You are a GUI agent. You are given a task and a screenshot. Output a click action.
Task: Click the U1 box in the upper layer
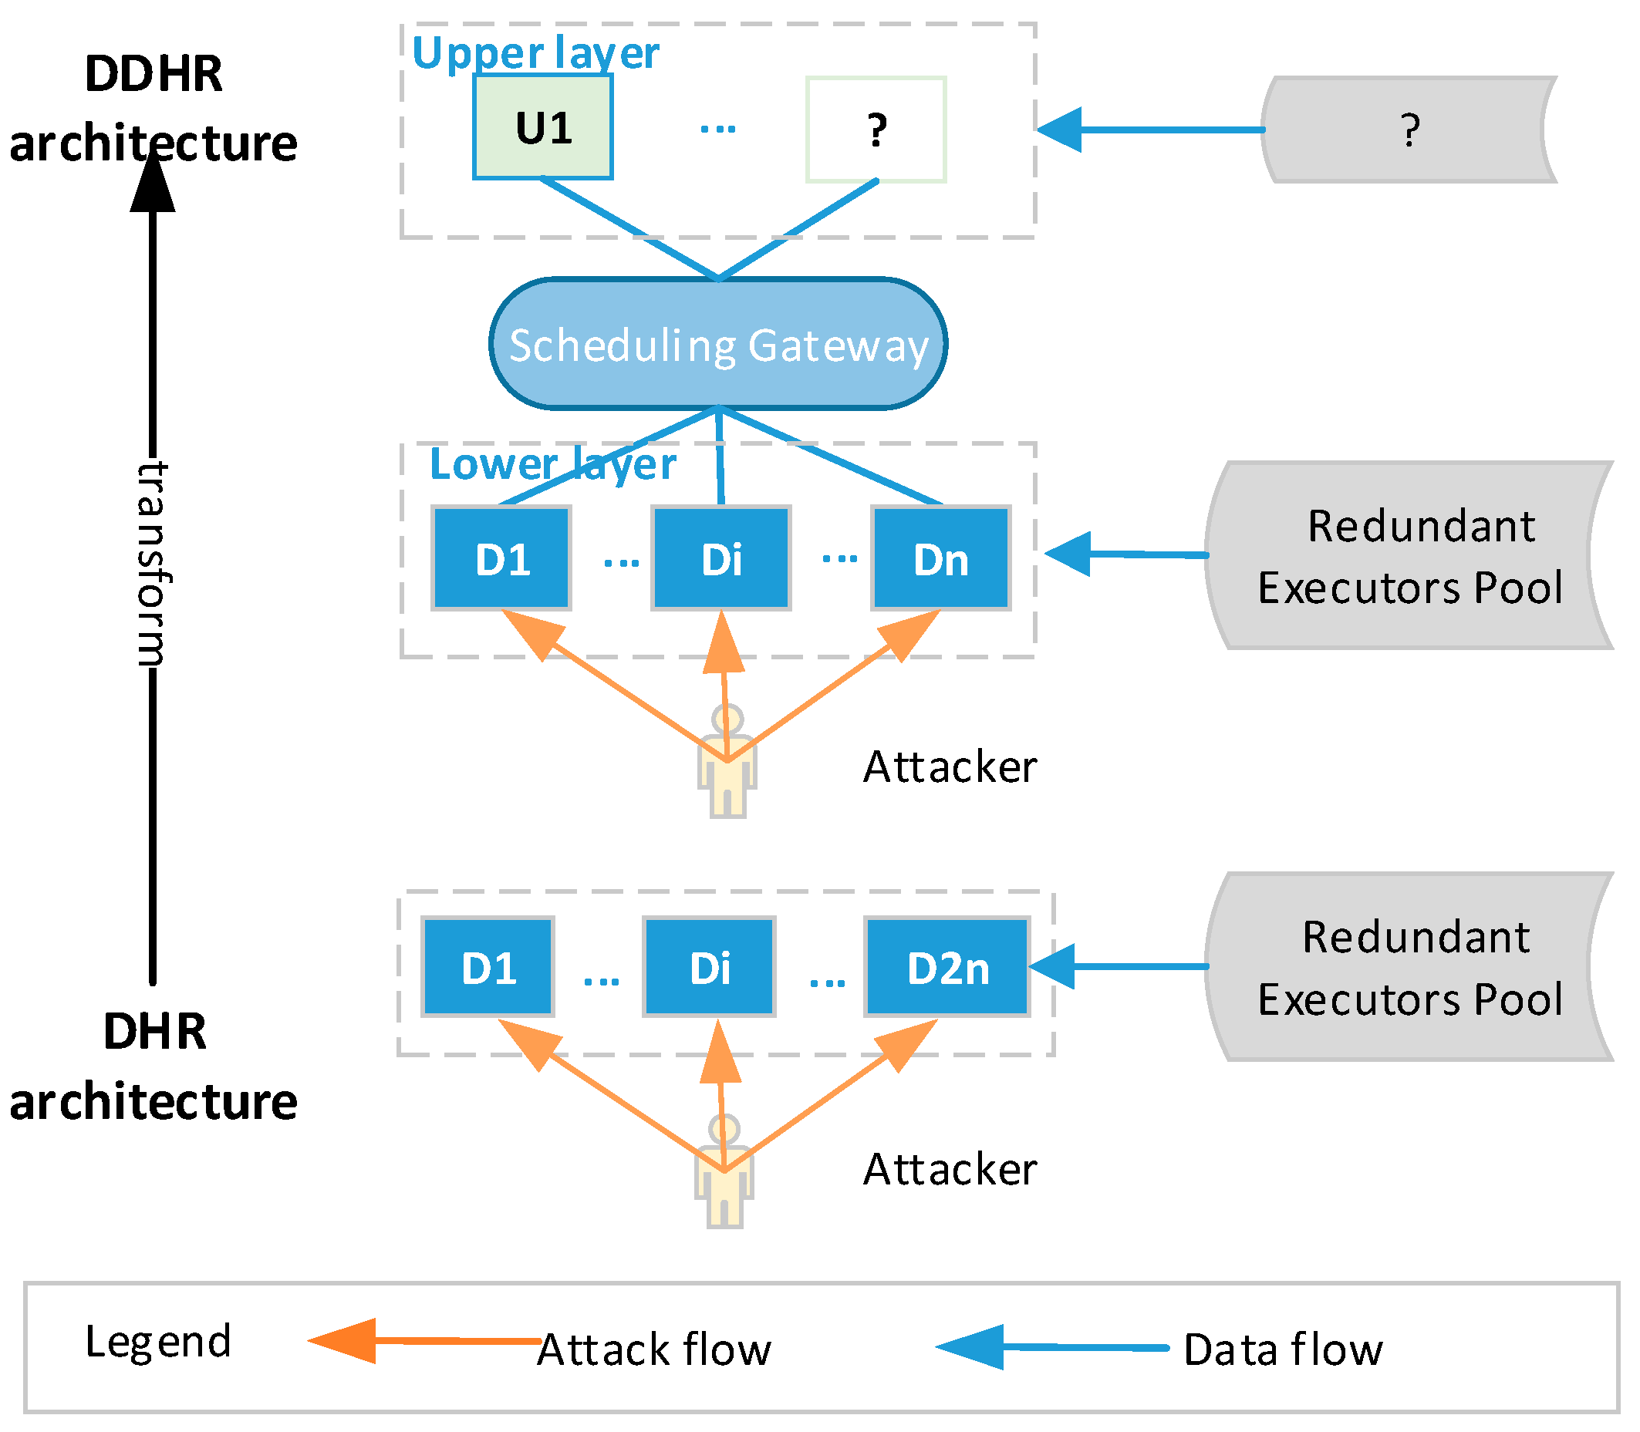click(x=542, y=127)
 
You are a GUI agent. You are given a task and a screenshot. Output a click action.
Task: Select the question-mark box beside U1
click(x=876, y=130)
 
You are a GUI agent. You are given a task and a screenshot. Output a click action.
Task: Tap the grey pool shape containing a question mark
click(x=1409, y=130)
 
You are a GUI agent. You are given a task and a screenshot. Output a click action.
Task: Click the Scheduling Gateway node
click(x=717, y=345)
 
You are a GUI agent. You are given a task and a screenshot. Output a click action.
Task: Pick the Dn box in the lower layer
click(x=940, y=558)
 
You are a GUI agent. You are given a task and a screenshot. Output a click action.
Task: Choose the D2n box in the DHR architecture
click(x=947, y=968)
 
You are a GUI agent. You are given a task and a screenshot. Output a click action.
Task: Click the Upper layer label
click(x=535, y=52)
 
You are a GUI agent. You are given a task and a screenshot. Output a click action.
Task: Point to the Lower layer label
click(x=552, y=464)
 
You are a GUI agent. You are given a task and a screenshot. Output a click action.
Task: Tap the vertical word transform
click(x=152, y=564)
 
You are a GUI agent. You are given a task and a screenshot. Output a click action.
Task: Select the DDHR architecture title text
click(x=153, y=108)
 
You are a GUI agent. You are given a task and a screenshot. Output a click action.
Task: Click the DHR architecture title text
click(x=154, y=1066)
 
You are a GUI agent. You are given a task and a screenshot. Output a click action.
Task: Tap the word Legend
click(x=158, y=1341)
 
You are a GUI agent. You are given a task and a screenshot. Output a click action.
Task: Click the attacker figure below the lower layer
click(x=727, y=763)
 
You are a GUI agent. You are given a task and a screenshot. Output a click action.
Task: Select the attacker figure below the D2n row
click(x=724, y=1172)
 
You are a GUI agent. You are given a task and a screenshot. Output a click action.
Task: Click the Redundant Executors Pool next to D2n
click(x=1409, y=967)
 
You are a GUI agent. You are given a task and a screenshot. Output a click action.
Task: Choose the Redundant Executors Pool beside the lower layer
click(x=1409, y=556)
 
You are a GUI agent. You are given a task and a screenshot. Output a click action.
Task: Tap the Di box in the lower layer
click(x=721, y=558)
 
